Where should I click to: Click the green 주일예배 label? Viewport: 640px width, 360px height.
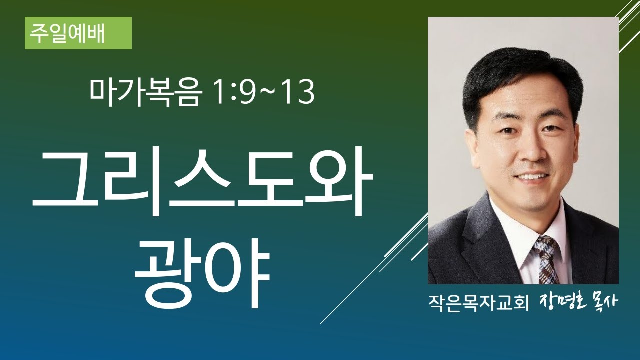pyautogui.click(x=78, y=33)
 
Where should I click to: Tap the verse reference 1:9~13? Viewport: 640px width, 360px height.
pyautogui.click(x=264, y=93)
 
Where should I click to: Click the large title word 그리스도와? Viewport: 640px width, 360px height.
pyautogui.click(x=202, y=185)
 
